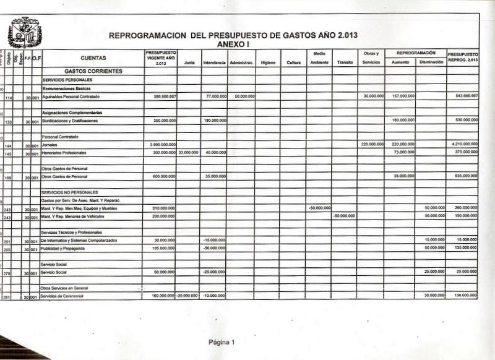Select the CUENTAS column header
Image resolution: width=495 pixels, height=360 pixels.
click(x=93, y=58)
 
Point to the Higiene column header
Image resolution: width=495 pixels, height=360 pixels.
click(x=267, y=62)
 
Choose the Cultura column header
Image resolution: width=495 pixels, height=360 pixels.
click(x=293, y=62)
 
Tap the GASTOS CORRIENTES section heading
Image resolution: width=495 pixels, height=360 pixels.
click(x=93, y=72)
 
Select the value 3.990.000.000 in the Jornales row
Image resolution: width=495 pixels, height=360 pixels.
click(x=163, y=144)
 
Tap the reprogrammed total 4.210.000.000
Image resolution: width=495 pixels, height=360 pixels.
click(x=462, y=144)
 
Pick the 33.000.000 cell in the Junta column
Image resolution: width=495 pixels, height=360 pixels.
click(x=188, y=152)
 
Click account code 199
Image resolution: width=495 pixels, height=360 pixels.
click(x=9, y=177)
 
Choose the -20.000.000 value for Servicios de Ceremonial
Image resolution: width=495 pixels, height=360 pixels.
click(x=187, y=296)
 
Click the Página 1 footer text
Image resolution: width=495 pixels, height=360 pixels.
click(x=222, y=342)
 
